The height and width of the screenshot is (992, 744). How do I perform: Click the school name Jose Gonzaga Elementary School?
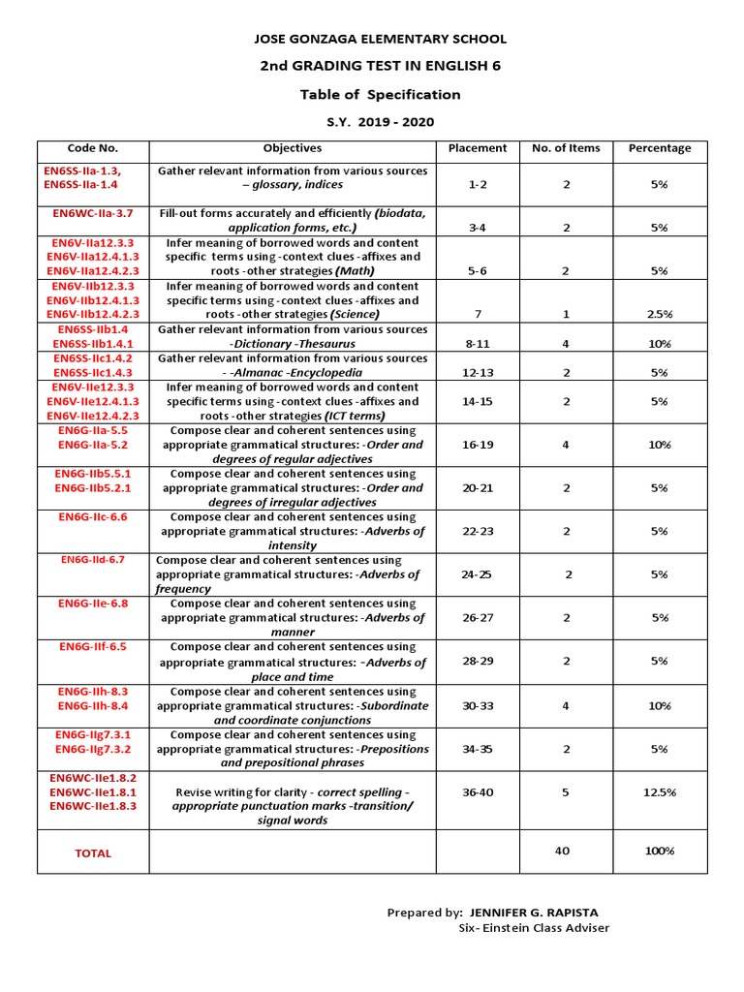click(x=380, y=40)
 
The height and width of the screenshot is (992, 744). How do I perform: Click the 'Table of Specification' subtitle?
click(x=380, y=94)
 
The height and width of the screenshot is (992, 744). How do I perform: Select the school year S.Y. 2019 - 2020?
click(x=380, y=122)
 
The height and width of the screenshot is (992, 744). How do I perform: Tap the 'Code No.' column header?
click(x=92, y=148)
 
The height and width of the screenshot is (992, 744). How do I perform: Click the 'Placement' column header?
click(x=477, y=148)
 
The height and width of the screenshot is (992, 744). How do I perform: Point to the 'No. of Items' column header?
click(x=566, y=148)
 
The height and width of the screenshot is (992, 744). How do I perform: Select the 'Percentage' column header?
click(x=660, y=148)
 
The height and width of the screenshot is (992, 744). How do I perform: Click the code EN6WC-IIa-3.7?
click(x=93, y=212)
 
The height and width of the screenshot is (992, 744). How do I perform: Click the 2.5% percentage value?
click(x=660, y=314)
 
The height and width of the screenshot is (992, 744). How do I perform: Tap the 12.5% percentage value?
click(x=660, y=791)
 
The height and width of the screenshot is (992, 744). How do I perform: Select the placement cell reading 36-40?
click(x=477, y=791)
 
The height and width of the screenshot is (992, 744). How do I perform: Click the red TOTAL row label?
click(x=93, y=853)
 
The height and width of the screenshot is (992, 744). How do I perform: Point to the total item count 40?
click(x=563, y=851)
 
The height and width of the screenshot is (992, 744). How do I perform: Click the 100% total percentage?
click(x=660, y=851)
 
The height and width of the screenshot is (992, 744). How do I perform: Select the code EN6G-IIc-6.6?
click(x=93, y=516)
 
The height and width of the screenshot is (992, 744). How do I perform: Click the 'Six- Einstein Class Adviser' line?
click(x=534, y=927)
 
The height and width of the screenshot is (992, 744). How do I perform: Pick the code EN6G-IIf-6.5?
click(x=93, y=646)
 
